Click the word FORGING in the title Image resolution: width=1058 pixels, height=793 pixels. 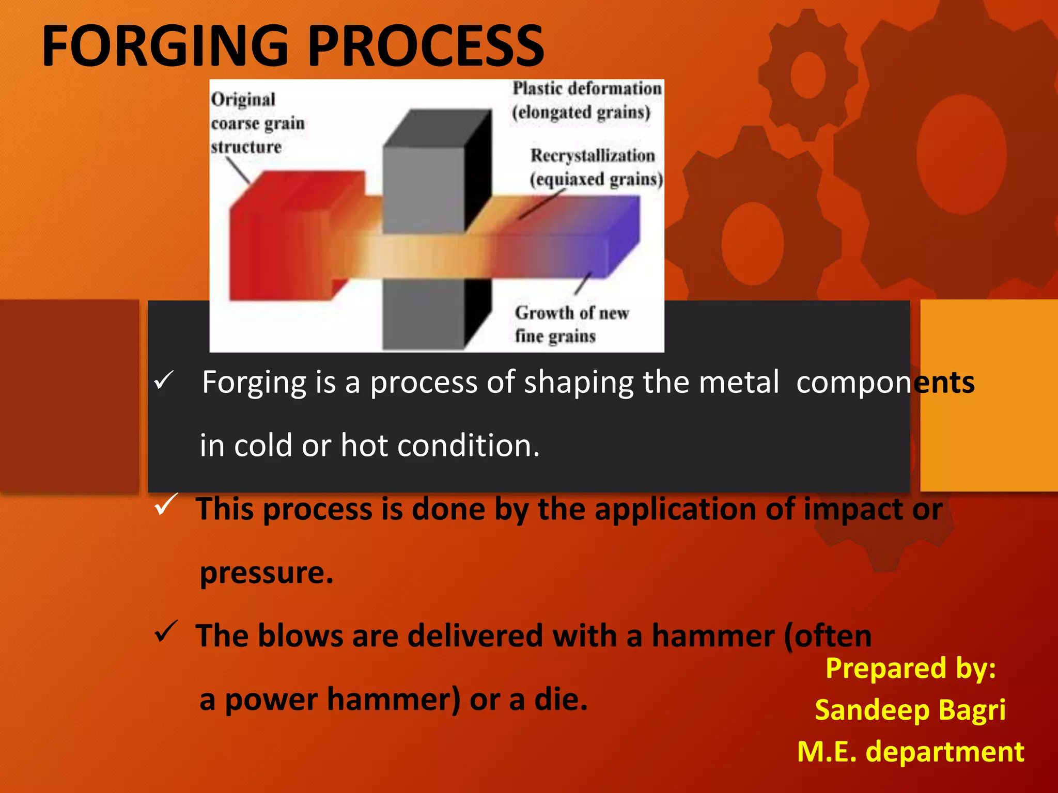[164, 46]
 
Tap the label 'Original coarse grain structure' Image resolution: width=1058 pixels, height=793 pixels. [257, 123]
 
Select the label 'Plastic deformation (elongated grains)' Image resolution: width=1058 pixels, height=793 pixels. [586, 100]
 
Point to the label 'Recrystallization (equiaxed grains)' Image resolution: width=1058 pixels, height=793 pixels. [595, 167]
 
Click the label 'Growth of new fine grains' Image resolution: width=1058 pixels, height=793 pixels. [571, 324]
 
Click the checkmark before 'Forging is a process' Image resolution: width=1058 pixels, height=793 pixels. [164, 382]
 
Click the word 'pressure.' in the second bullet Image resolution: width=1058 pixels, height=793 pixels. [267, 573]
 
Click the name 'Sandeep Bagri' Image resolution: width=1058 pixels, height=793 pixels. [910, 710]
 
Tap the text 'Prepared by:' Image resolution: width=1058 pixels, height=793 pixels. [910, 668]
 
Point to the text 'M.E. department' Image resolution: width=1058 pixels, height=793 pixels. [910, 752]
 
